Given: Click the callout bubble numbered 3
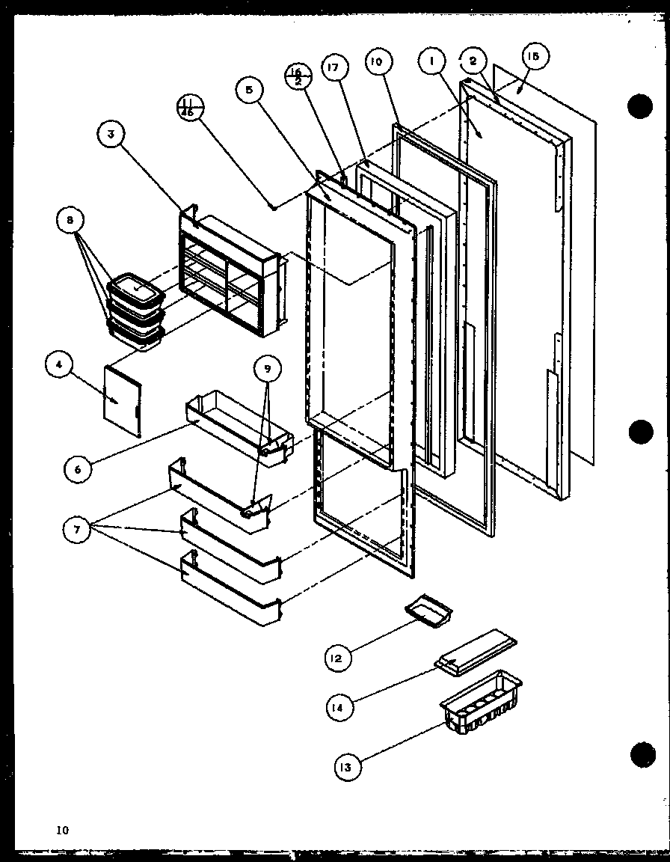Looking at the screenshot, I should [111, 135].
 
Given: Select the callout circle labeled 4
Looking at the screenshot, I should [58, 366].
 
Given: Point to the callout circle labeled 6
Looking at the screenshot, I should [79, 468].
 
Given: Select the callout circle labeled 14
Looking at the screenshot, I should [339, 706].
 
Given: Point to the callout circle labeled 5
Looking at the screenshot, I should [250, 91].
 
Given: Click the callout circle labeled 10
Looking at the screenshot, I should [376, 62].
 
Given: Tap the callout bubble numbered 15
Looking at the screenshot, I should [536, 57].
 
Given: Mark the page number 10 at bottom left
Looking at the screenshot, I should [61, 829].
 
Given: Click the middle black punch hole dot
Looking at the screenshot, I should [642, 432].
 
